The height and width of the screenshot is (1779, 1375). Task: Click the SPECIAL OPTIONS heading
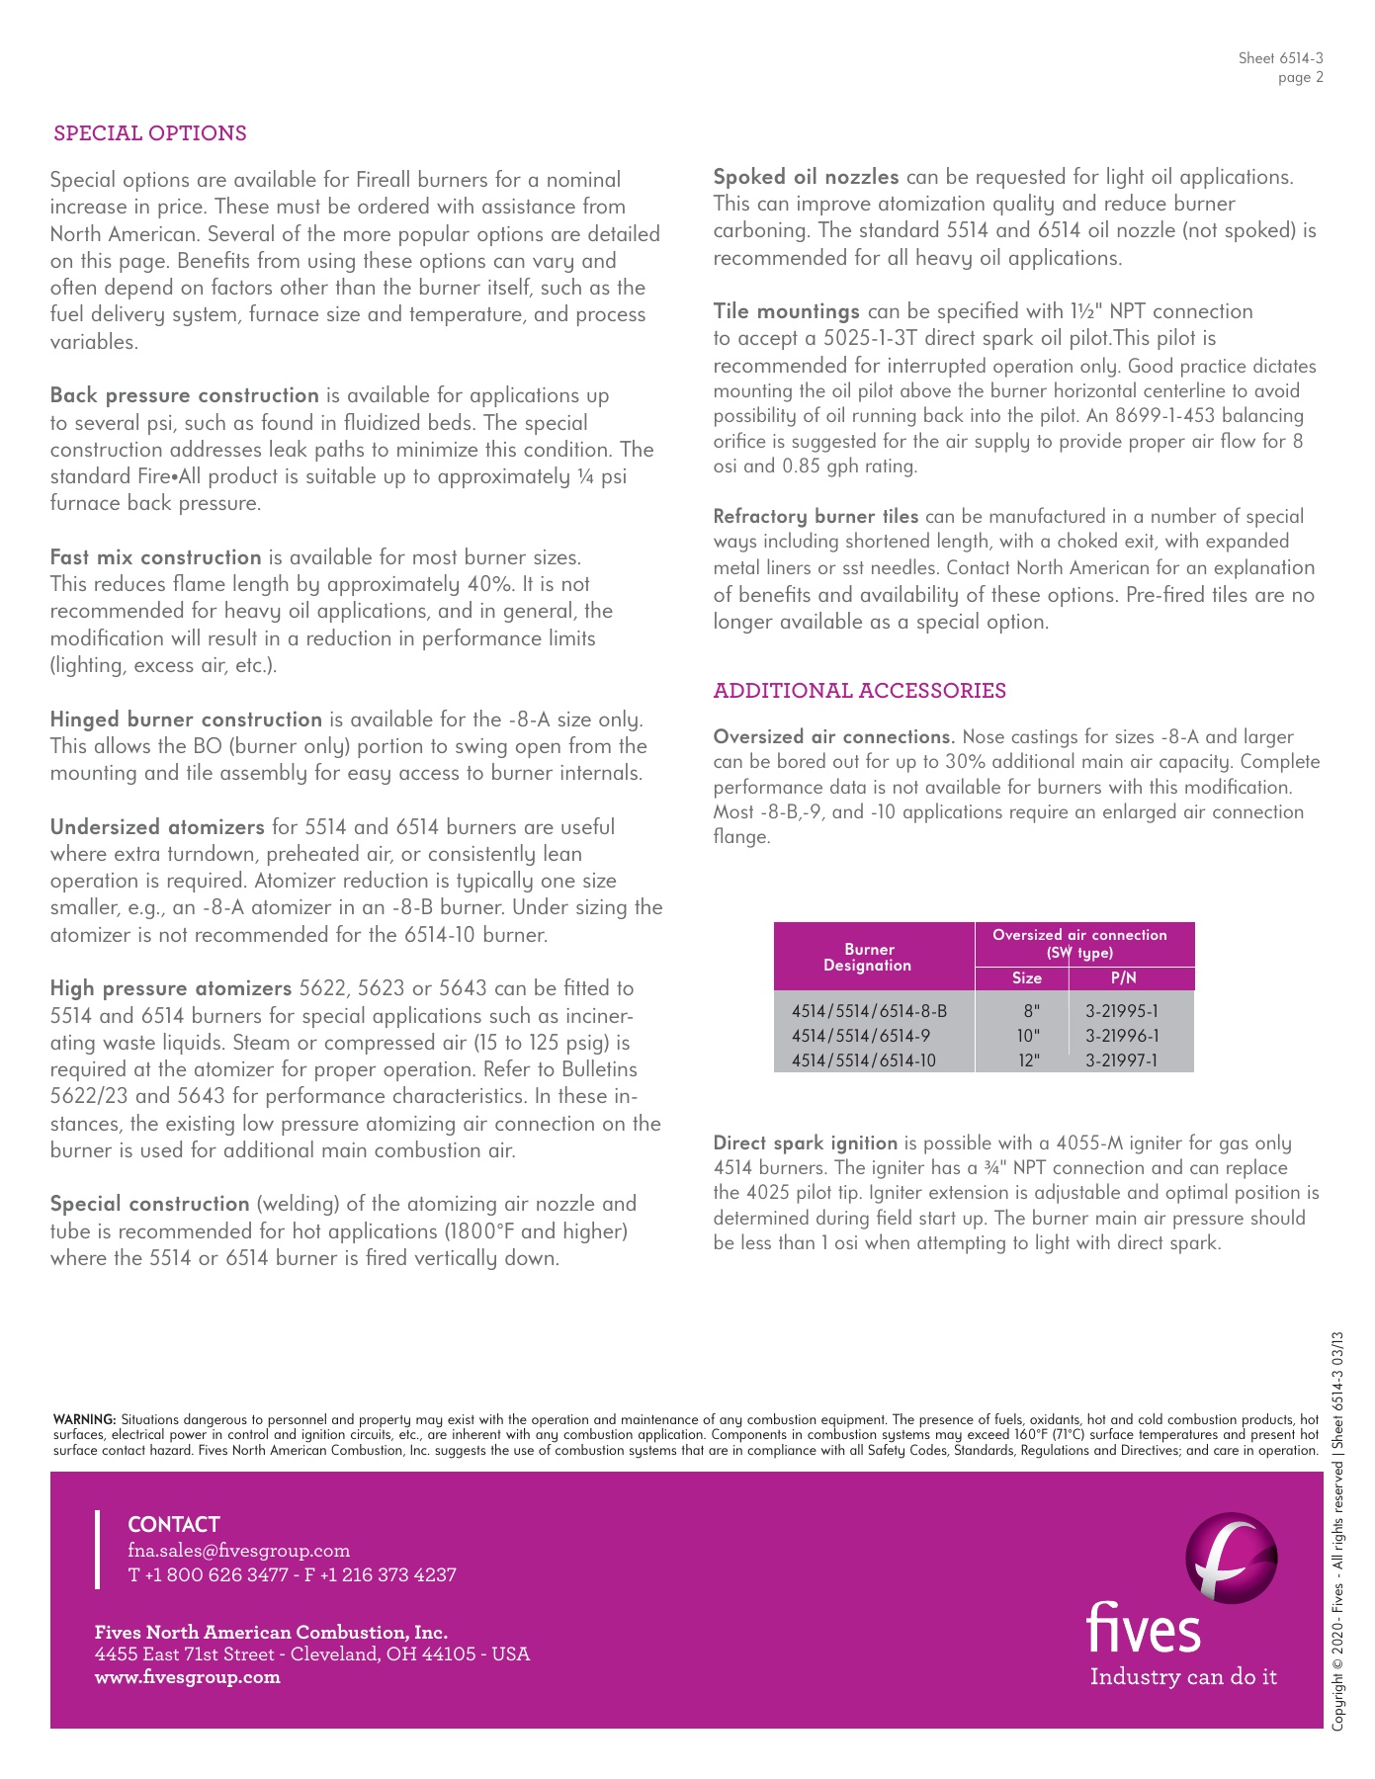150,133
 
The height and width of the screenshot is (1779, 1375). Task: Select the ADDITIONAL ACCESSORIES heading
859,691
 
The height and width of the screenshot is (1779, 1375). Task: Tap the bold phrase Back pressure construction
185,395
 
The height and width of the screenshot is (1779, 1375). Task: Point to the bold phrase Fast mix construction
156,557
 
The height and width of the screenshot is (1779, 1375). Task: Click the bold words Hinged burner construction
186,720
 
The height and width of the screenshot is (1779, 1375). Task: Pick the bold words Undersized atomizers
157,827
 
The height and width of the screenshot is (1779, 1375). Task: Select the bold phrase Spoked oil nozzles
806,177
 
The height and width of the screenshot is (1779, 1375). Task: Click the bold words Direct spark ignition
805,1144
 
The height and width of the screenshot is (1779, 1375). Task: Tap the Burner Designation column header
869,957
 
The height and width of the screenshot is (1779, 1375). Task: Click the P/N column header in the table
1123,978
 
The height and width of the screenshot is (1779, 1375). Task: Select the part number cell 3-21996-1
1122,1036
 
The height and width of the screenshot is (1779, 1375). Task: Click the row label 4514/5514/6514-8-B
869,1011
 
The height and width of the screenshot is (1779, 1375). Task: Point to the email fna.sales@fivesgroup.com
239,1551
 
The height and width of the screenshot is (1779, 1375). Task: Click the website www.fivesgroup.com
188,1677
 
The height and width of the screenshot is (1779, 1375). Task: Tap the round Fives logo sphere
1231,1559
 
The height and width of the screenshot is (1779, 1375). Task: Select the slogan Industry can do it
1183,1677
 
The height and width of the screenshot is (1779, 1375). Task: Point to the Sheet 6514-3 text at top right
1280,58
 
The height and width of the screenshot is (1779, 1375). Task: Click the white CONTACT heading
174,1524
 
